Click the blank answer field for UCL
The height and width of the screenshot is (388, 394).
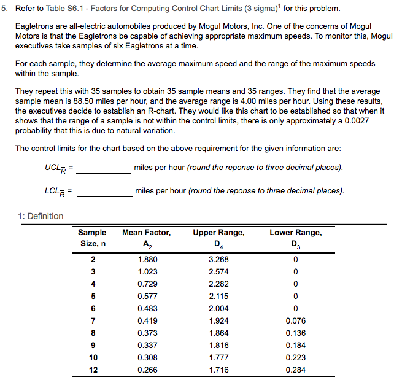coord(103,168)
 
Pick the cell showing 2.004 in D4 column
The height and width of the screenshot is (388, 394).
coord(218,308)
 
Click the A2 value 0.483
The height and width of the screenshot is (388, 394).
coord(147,308)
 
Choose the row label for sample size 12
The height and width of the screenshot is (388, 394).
coord(93,370)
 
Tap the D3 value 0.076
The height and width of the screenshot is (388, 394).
coord(295,320)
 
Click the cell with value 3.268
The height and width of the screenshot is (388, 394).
coord(218,259)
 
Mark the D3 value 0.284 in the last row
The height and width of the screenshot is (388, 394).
coord(295,370)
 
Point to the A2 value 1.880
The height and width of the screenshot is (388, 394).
coord(147,259)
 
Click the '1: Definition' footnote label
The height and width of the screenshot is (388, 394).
coord(41,216)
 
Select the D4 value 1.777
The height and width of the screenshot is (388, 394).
coord(218,357)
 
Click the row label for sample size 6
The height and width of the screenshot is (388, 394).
coord(93,308)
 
